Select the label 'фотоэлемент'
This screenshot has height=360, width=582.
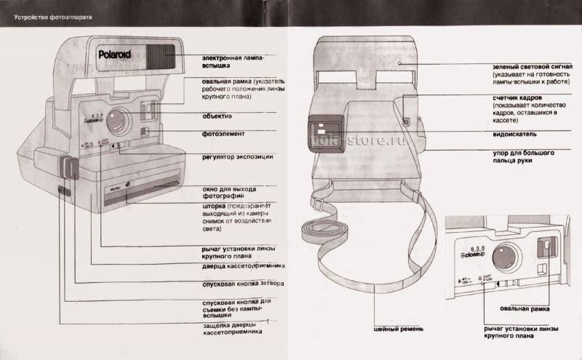pos(223,135)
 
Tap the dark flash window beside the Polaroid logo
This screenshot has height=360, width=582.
pos(160,55)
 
